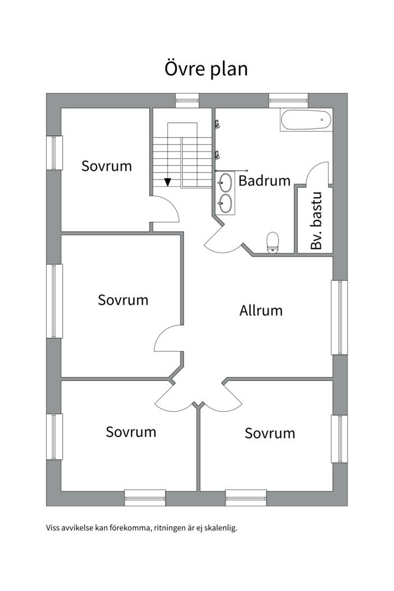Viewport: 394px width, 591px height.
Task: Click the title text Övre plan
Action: click(x=206, y=69)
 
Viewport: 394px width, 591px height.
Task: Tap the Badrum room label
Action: click(x=264, y=181)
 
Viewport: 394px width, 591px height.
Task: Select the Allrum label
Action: click(x=261, y=310)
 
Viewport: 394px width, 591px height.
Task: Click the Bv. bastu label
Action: click(x=317, y=221)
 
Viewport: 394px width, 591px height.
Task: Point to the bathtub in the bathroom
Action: click(x=306, y=120)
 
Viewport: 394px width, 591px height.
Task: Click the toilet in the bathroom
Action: click(x=273, y=242)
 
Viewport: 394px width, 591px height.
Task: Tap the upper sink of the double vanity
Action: click(x=225, y=183)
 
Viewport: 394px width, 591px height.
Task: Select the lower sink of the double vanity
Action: click(x=225, y=204)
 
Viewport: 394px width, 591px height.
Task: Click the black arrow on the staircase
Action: click(x=168, y=182)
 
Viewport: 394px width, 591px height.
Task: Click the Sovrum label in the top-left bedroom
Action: click(x=107, y=166)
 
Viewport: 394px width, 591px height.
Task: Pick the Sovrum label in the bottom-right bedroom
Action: click(x=270, y=433)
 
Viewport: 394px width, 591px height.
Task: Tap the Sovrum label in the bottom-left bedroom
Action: click(x=131, y=432)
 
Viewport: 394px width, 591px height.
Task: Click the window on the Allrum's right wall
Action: click(x=339, y=317)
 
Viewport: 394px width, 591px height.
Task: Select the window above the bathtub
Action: click(x=288, y=101)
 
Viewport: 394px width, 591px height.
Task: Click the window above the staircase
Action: click(x=188, y=101)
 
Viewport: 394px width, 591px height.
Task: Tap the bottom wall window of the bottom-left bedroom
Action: click(x=145, y=497)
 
